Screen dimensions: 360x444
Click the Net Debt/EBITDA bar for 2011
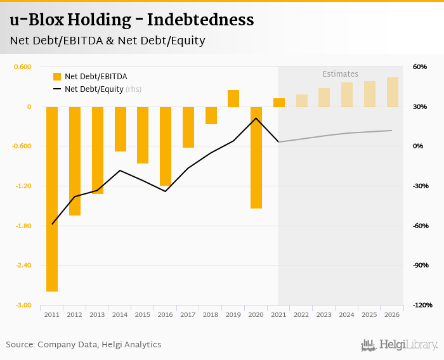tap(52, 198)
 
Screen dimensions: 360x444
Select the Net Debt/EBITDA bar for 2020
tap(256, 157)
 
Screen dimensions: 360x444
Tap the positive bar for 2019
tap(233, 98)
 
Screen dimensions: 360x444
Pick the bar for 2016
tap(166, 146)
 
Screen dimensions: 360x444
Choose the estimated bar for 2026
tap(393, 92)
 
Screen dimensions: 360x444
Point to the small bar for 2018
tap(211, 115)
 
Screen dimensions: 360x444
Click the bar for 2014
tap(121, 129)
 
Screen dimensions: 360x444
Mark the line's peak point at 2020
tap(256, 119)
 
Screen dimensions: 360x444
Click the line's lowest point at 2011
tap(52, 224)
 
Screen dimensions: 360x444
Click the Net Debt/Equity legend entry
tap(96, 89)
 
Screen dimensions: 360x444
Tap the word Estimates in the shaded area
tap(341, 74)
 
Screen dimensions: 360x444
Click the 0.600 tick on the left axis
tap(22, 67)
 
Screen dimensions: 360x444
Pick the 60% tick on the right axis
tap(420, 67)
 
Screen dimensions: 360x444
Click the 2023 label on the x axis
tap(324, 315)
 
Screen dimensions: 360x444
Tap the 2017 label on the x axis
tap(188, 315)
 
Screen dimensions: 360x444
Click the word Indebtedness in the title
tap(200, 20)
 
